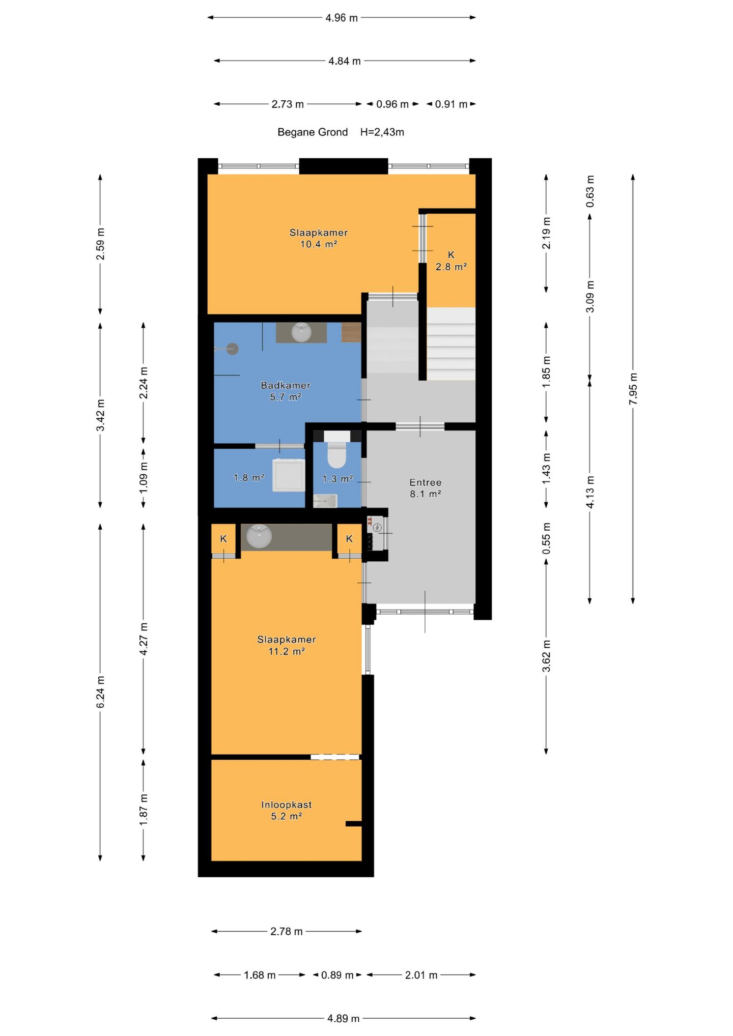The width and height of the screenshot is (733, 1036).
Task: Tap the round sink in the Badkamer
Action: coord(301,332)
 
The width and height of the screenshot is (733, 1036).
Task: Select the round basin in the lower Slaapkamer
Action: coord(259,536)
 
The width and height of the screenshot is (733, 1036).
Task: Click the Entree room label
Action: coord(426,482)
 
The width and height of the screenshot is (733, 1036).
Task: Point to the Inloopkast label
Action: coord(287,804)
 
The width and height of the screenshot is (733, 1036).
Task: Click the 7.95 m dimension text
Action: coord(633,389)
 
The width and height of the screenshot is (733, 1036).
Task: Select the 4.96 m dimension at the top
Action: coord(342,18)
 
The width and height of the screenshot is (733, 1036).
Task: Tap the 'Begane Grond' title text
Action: coord(313,132)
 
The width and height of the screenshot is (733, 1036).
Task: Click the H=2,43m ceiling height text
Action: coord(382,132)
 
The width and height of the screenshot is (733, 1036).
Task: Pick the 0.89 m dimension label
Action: coord(337,975)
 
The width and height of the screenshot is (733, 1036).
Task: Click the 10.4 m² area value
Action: coord(319,244)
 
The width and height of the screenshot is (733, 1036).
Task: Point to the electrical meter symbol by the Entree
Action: coord(378,528)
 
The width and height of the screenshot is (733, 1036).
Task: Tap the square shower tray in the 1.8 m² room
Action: coord(289,475)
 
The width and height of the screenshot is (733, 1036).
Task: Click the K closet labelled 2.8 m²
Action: coord(451,261)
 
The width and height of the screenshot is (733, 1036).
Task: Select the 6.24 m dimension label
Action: coord(101,692)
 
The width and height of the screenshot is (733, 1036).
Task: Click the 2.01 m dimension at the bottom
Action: coord(421,975)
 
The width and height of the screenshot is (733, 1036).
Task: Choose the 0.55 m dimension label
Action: coord(547,539)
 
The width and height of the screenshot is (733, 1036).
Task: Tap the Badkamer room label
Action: coord(286,385)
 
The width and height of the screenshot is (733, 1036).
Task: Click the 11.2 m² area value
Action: coord(287,651)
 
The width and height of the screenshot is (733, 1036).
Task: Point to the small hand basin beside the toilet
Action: coord(325,501)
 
